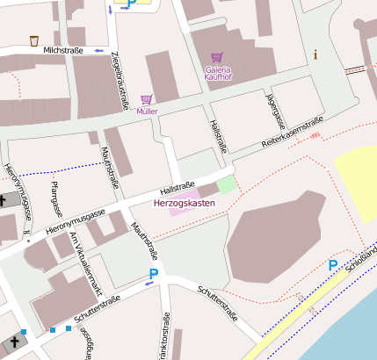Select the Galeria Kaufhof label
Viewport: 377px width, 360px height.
coord(224,73)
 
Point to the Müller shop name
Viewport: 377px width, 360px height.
coord(148,112)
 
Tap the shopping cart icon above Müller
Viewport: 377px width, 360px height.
coord(147,99)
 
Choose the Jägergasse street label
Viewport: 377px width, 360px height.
coord(272,108)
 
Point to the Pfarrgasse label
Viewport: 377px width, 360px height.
coord(55,198)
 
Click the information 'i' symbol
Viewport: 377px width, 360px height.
coord(315,54)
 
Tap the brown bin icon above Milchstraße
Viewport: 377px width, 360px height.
coord(34,40)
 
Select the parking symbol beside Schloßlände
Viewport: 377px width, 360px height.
coord(333,264)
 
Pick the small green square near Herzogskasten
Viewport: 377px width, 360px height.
coord(227,184)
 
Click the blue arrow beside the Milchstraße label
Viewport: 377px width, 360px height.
coord(98,51)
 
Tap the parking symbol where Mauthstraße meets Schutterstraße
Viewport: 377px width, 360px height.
coord(154,275)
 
